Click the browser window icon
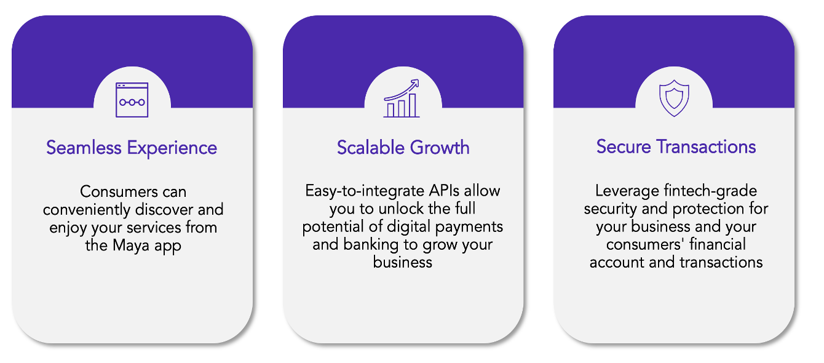(132, 100)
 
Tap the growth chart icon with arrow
(402, 98)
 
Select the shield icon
(674, 98)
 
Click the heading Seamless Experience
(132, 148)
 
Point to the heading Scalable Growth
(403, 147)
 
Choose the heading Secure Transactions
(676, 146)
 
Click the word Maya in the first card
(131, 245)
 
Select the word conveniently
(87, 210)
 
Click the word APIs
(444, 191)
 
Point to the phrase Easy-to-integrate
(365, 191)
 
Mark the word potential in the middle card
(333, 227)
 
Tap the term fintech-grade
(710, 191)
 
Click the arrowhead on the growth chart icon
(415, 83)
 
